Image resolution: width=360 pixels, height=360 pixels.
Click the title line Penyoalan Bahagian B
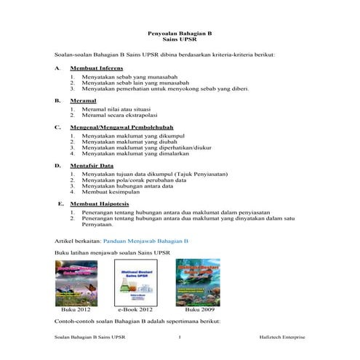[180, 34]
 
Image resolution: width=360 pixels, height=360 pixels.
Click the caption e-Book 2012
[135, 309]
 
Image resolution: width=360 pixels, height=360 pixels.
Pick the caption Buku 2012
[76, 309]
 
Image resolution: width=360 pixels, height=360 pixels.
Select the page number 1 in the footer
[180, 337]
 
